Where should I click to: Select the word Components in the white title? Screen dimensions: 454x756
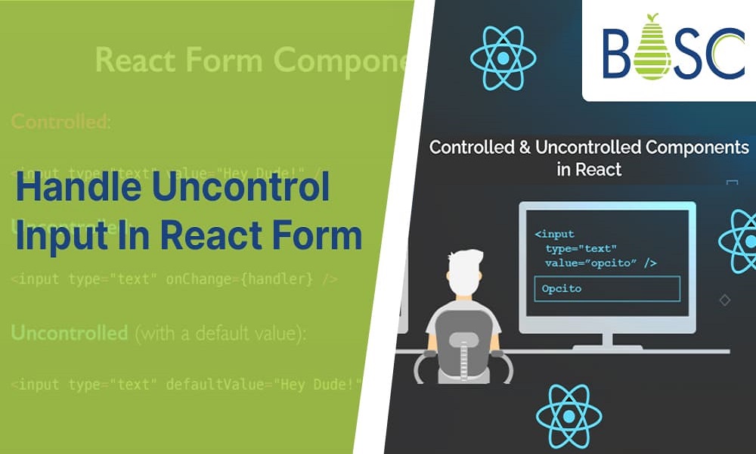point(696,147)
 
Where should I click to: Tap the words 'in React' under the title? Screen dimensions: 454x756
point(589,169)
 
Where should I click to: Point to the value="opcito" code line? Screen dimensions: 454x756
point(600,263)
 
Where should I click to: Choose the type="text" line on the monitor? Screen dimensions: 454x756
point(581,248)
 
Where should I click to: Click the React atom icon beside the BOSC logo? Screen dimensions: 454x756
point(503,57)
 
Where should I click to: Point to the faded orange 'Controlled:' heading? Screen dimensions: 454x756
point(60,122)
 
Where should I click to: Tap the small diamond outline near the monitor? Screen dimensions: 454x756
point(724,300)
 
